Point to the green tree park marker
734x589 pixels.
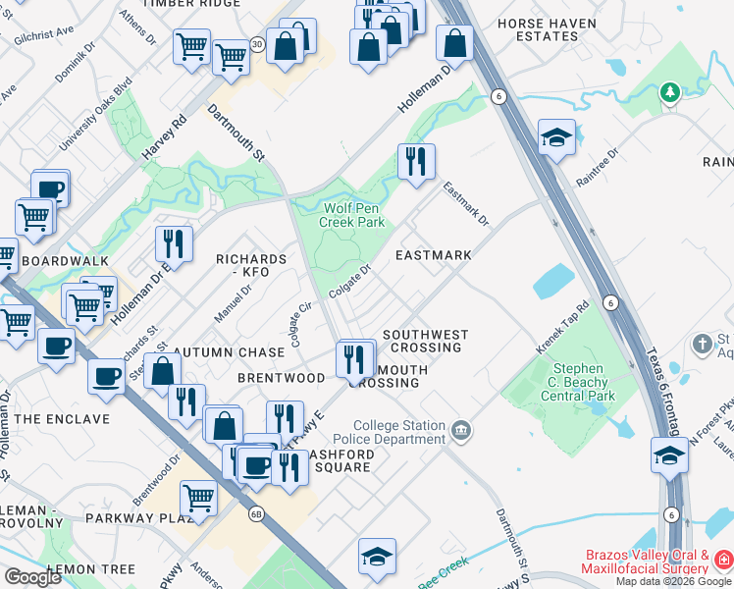[670, 92]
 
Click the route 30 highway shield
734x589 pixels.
[257, 44]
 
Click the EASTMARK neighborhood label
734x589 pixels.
[433, 255]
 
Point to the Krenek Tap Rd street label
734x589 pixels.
[562, 328]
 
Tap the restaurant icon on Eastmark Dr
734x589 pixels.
[416, 161]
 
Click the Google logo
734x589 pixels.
[32, 577]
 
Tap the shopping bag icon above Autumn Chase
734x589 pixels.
[163, 371]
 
